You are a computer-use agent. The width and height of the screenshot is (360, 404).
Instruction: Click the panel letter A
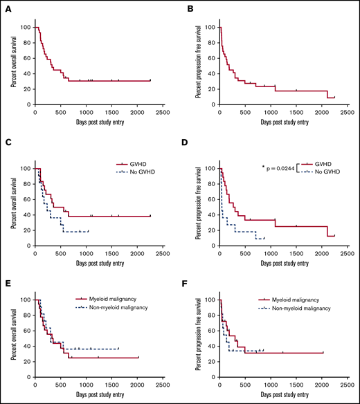click(x=11, y=10)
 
